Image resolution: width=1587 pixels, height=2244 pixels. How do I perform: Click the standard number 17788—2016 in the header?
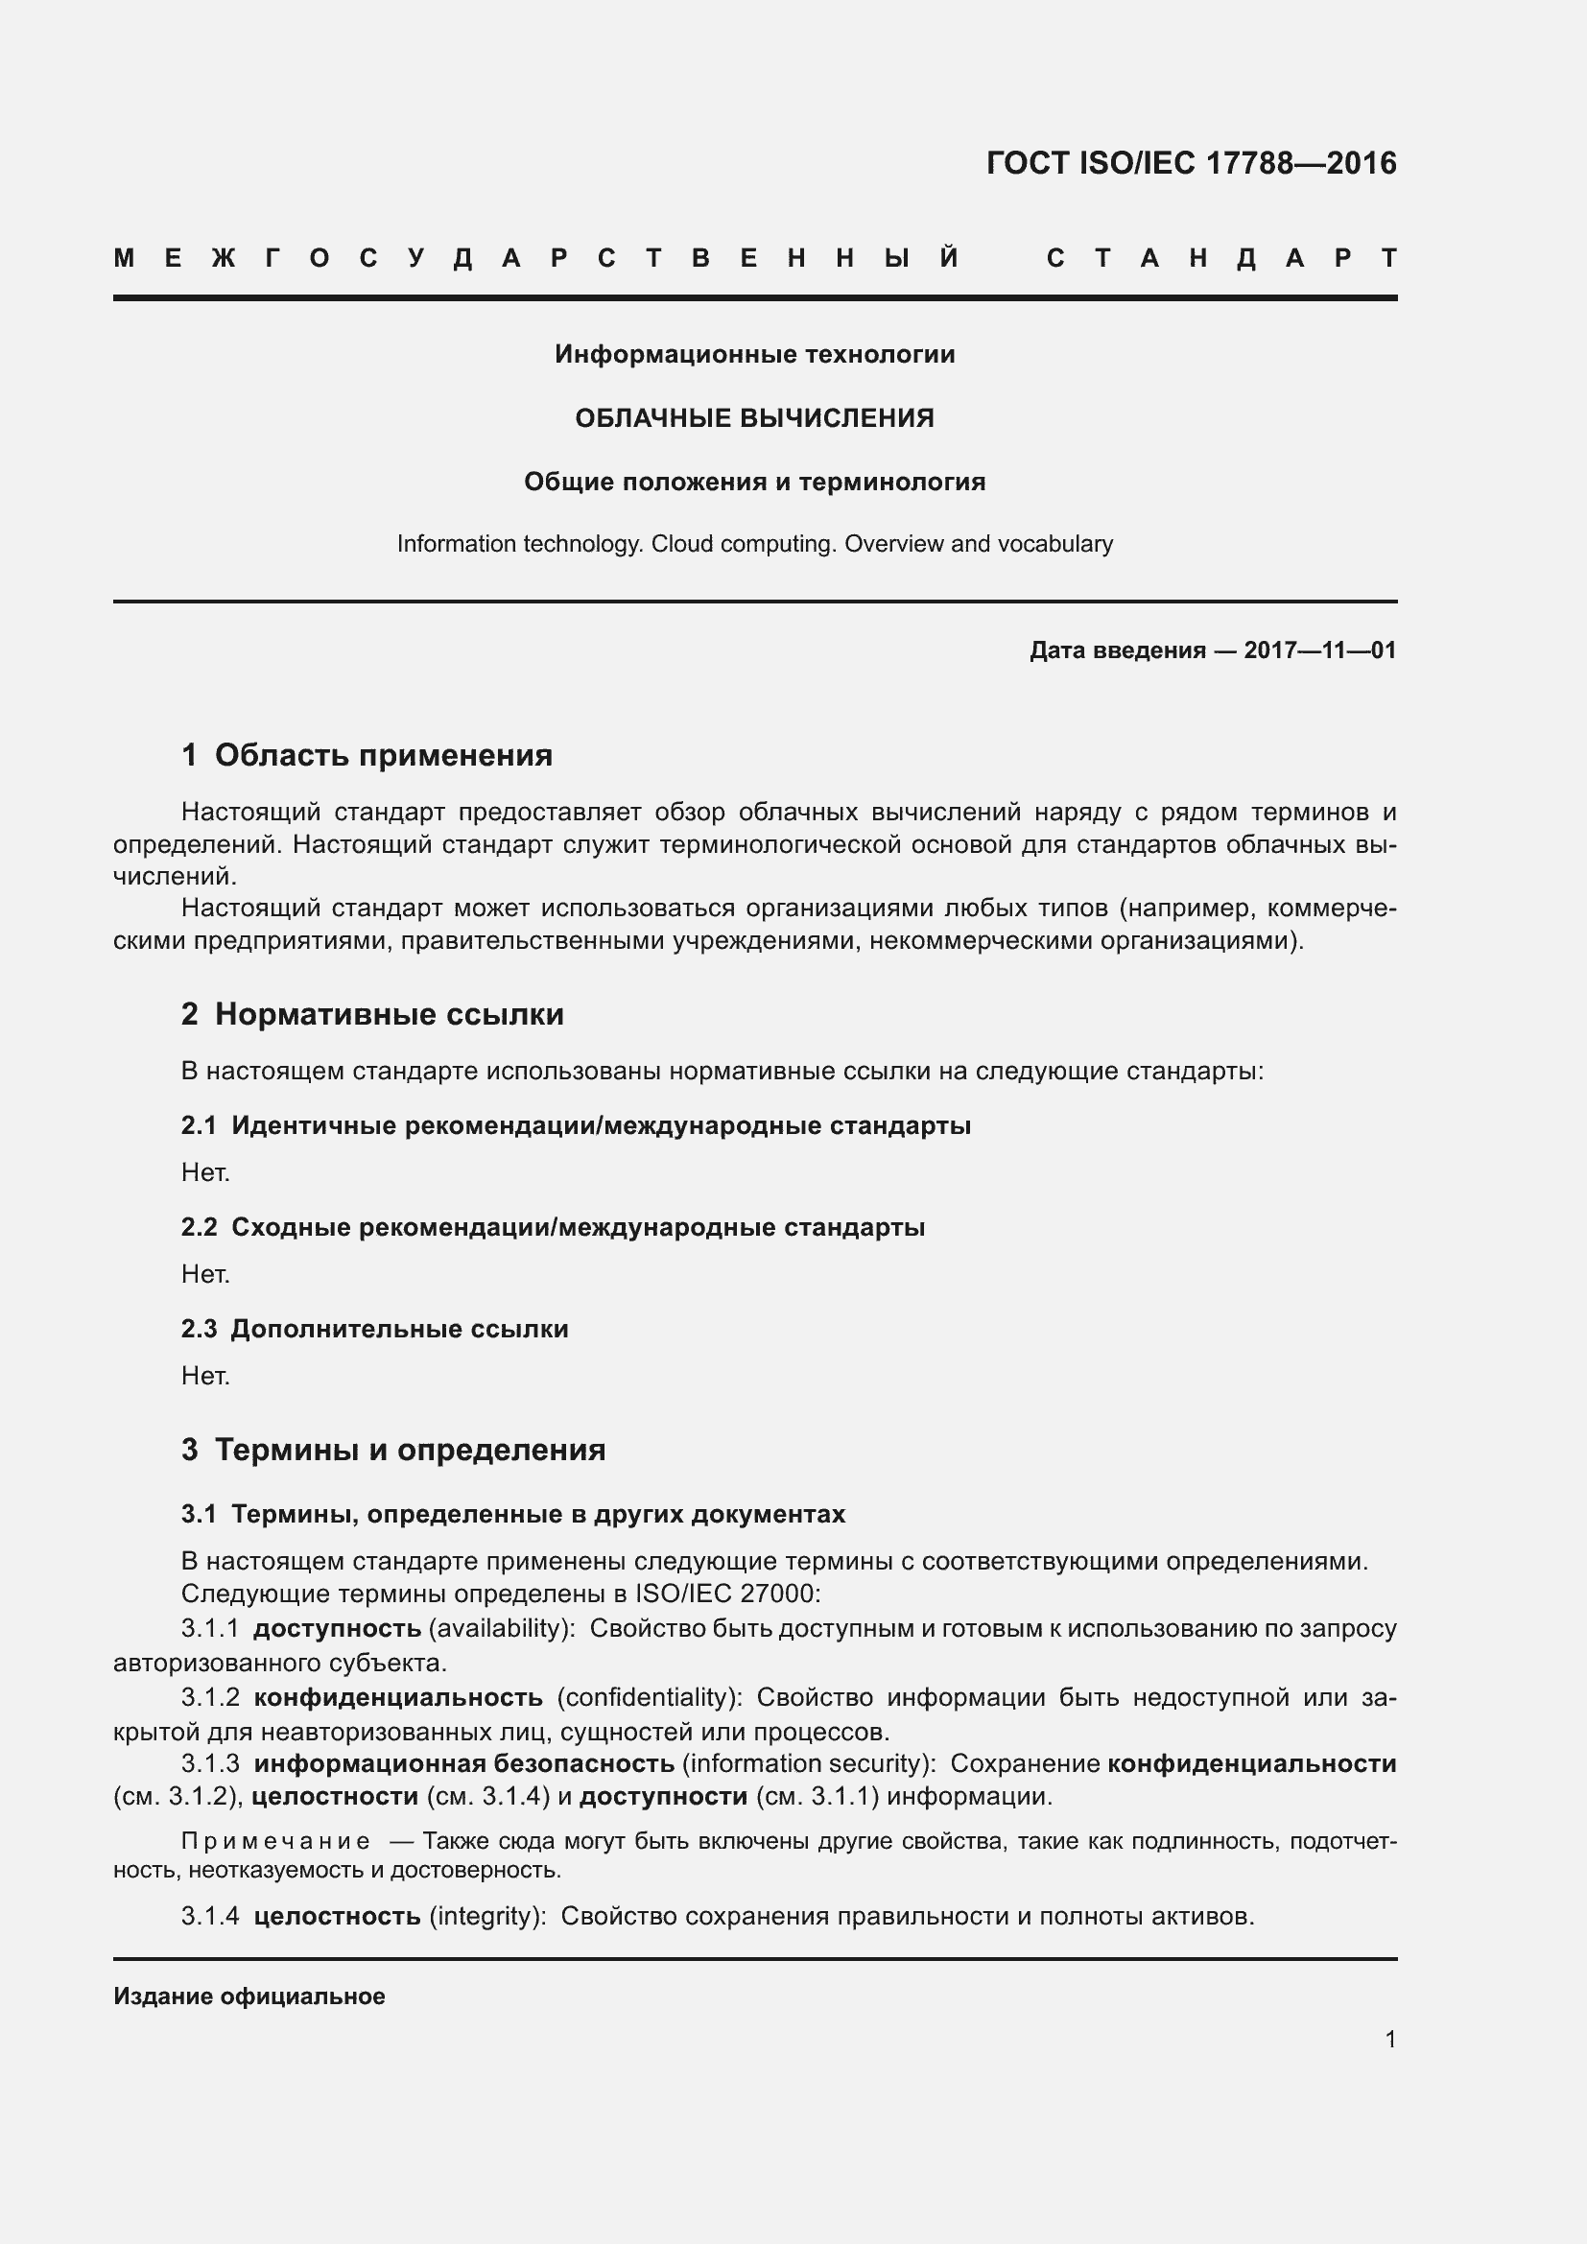(x=1300, y=162)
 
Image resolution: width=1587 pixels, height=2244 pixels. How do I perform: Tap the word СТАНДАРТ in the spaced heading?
(x=1221, y=258)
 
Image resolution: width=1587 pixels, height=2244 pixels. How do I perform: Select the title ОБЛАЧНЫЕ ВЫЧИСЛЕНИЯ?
(x=754, y=418)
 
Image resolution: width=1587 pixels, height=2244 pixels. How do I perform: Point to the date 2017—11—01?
(x=1319, y=650)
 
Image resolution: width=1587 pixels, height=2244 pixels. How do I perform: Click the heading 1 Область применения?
(x=367, y=754)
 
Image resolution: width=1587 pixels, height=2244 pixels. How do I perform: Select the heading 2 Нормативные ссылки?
(x=372, y=1013)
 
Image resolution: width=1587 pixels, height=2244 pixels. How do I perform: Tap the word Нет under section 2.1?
(x=205, y=1171)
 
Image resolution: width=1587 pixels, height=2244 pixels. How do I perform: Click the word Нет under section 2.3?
(x=205, y=1376)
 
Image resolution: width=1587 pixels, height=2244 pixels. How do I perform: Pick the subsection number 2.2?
(x=199, y=1227)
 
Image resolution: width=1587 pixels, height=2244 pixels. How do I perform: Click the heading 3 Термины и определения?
(x=392, y=1449)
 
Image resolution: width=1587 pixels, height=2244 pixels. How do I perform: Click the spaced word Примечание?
(x=275, y=1841)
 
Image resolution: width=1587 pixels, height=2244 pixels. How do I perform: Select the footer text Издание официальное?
(x=249, y=1996)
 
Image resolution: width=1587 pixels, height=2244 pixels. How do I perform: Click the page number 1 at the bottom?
(x=1389, y=2039)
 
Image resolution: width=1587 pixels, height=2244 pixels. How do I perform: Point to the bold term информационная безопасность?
(x=463, y=1763)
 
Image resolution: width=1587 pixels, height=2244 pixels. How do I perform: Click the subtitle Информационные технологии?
(x=754, y=354)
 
